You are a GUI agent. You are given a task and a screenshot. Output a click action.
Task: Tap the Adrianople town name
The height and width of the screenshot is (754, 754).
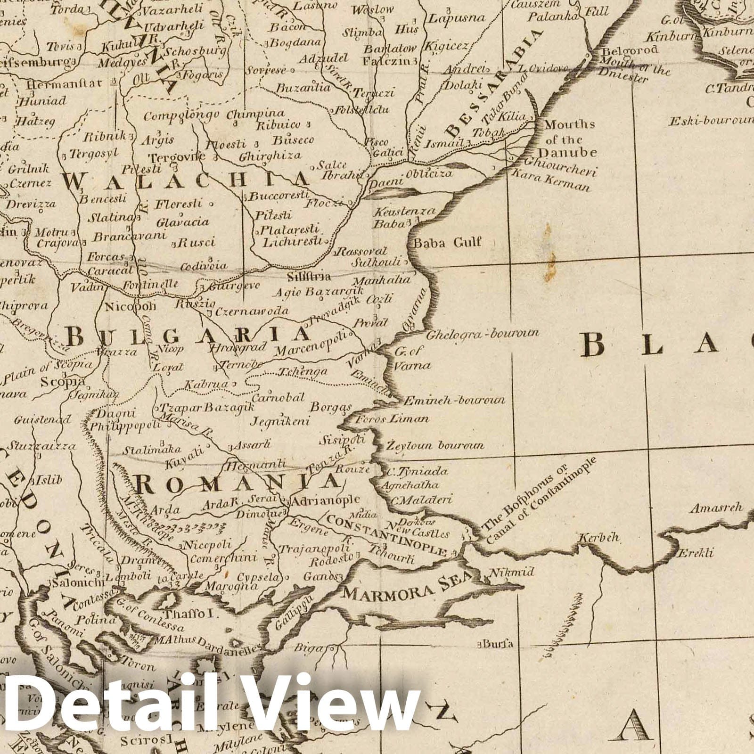326,500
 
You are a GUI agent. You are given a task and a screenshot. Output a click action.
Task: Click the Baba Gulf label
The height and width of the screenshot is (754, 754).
447,243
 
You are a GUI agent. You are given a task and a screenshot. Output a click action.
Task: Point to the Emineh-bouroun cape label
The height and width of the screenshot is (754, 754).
453,401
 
